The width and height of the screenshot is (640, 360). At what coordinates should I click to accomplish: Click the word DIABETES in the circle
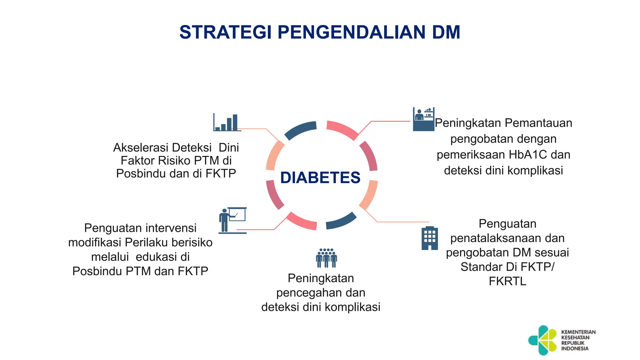(320, 177)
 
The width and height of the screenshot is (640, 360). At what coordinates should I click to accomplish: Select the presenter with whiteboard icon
(232, 220)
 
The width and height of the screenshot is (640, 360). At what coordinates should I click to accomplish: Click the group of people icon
(326, 258)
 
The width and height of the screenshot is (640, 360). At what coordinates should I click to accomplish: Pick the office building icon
(430, 238)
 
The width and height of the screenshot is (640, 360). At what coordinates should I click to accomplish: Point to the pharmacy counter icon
(423, 119)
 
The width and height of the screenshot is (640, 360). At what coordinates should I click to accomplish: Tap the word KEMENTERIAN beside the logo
(578, 332)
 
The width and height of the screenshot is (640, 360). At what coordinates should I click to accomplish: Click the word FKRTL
(507, 281)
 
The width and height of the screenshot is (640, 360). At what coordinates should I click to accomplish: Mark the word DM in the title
(446, 32)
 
